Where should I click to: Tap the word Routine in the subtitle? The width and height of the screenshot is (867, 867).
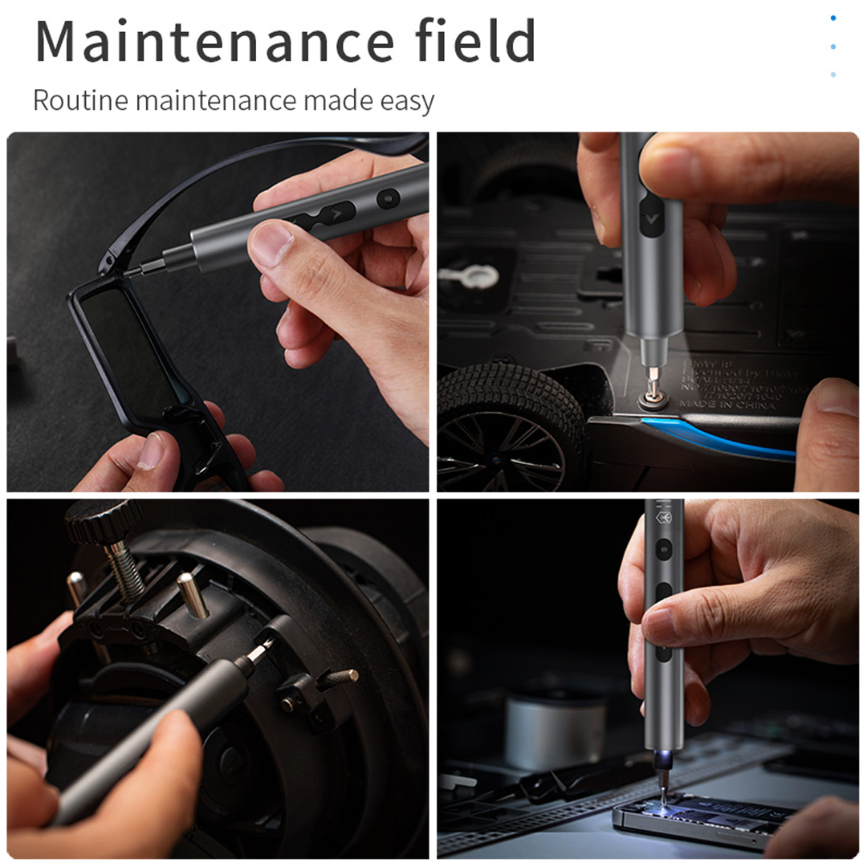(x=80, y=102)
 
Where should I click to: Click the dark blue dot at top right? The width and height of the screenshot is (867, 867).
(x=833, y=18)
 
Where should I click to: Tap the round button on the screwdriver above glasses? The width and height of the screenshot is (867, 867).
(x=389, y=198)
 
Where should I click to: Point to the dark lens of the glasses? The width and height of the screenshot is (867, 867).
(x=132, y=353)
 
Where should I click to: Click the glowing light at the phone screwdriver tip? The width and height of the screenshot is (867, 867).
(x=666, y=757)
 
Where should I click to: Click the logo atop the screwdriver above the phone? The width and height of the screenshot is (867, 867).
(x=664, y=519)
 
